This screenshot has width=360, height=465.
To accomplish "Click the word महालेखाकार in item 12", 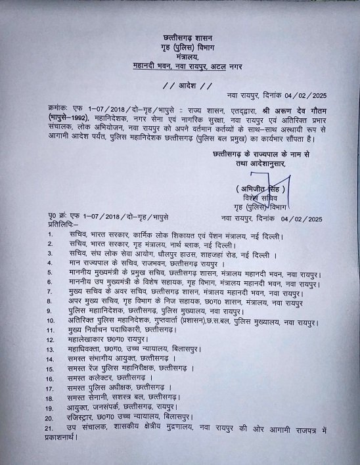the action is click(85, 340).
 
